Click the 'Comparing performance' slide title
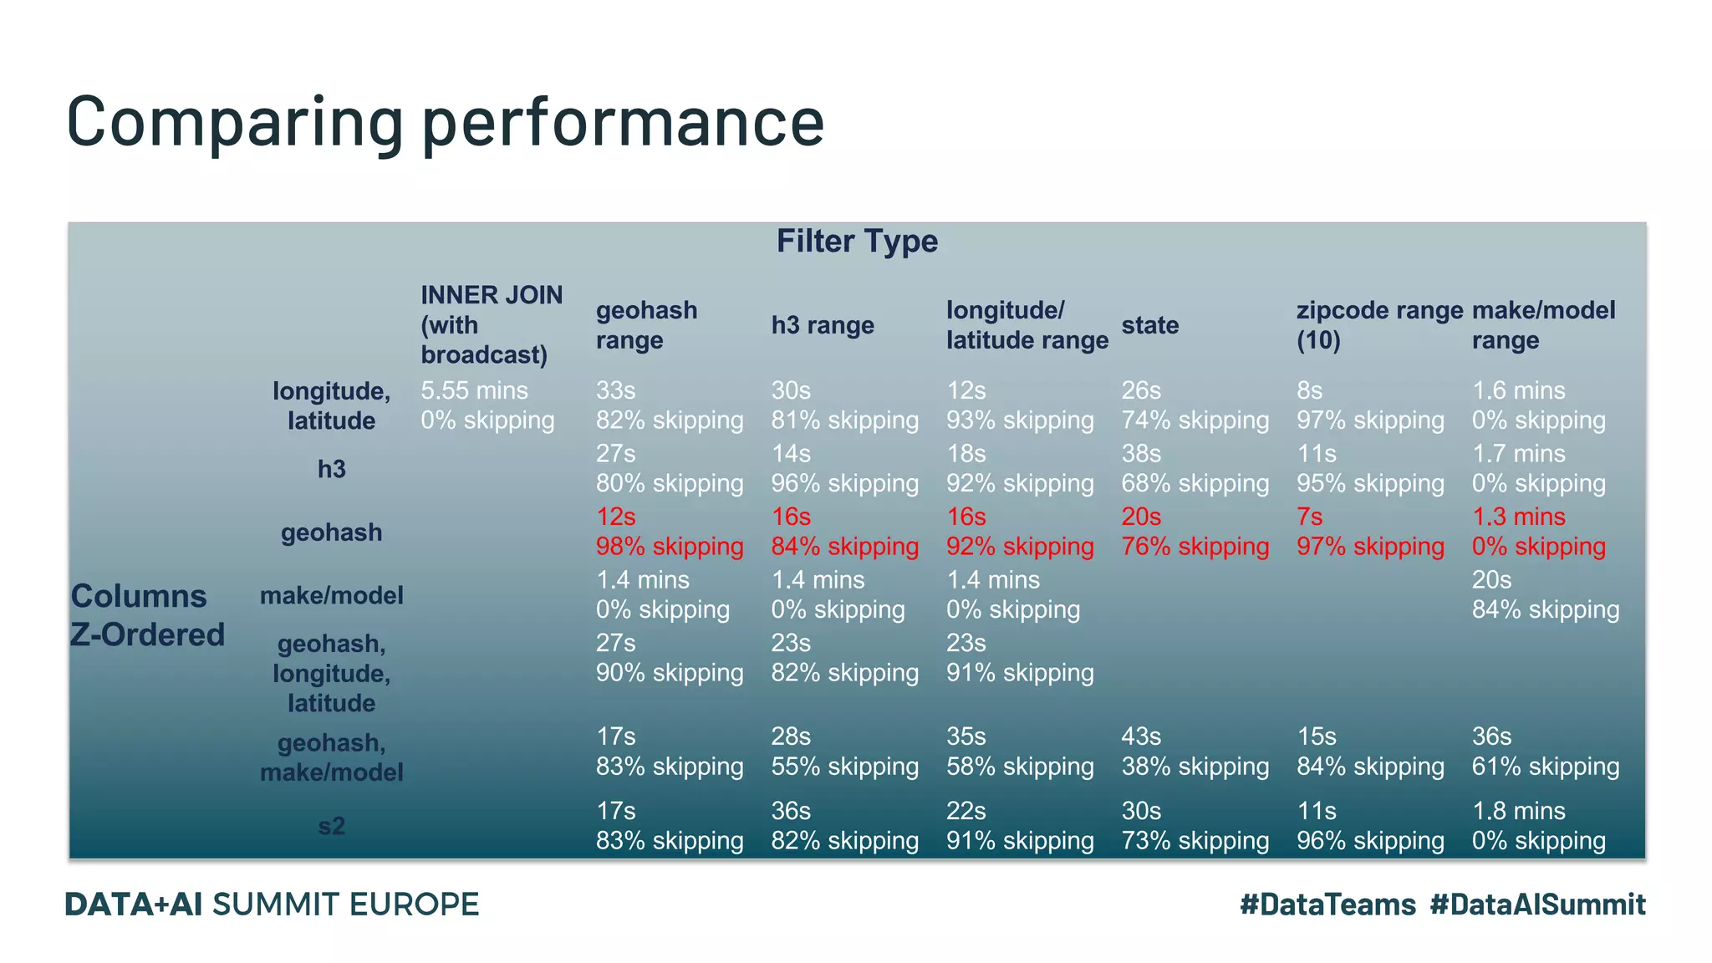(x=445, y=122)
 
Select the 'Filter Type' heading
(x=857, y=242)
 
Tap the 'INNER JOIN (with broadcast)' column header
(x=492, y=325)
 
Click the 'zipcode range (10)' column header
(x=1378, y=325)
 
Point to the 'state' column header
(x=1149, y=325)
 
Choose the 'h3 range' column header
(x=822, y=325)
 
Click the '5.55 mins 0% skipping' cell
(x=487, y=405)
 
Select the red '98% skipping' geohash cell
(x=669, y=547)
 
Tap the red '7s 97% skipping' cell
(x=1369, y=532)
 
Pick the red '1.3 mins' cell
(x=1518, y=517)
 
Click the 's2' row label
(x=331, y=826)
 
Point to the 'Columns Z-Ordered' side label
(x=147, y=615)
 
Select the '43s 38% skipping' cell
(x=1195, y=752)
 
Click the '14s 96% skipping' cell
(x=844, y=468)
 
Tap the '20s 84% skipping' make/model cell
(x=1545, y=594)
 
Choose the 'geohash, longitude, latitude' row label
(x=331, y=673)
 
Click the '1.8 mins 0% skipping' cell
(x=1538, y=826)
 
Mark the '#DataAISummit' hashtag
(x=1537, y=904)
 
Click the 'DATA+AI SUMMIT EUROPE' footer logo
(x=272, y=904)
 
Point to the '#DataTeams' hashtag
(x=1327, y=904)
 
